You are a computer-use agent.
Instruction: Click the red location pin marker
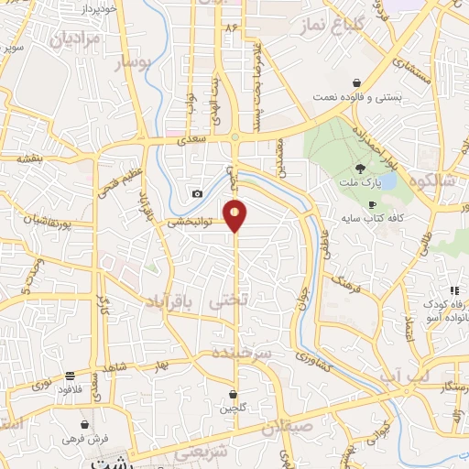[x=235, y=214]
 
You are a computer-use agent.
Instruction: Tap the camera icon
[x=197, y=193]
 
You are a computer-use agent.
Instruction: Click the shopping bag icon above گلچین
[x=235, y=395]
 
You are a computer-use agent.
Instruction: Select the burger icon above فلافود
[x=71, y=376]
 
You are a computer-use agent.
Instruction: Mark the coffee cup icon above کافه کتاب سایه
[x=372, y=204]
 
